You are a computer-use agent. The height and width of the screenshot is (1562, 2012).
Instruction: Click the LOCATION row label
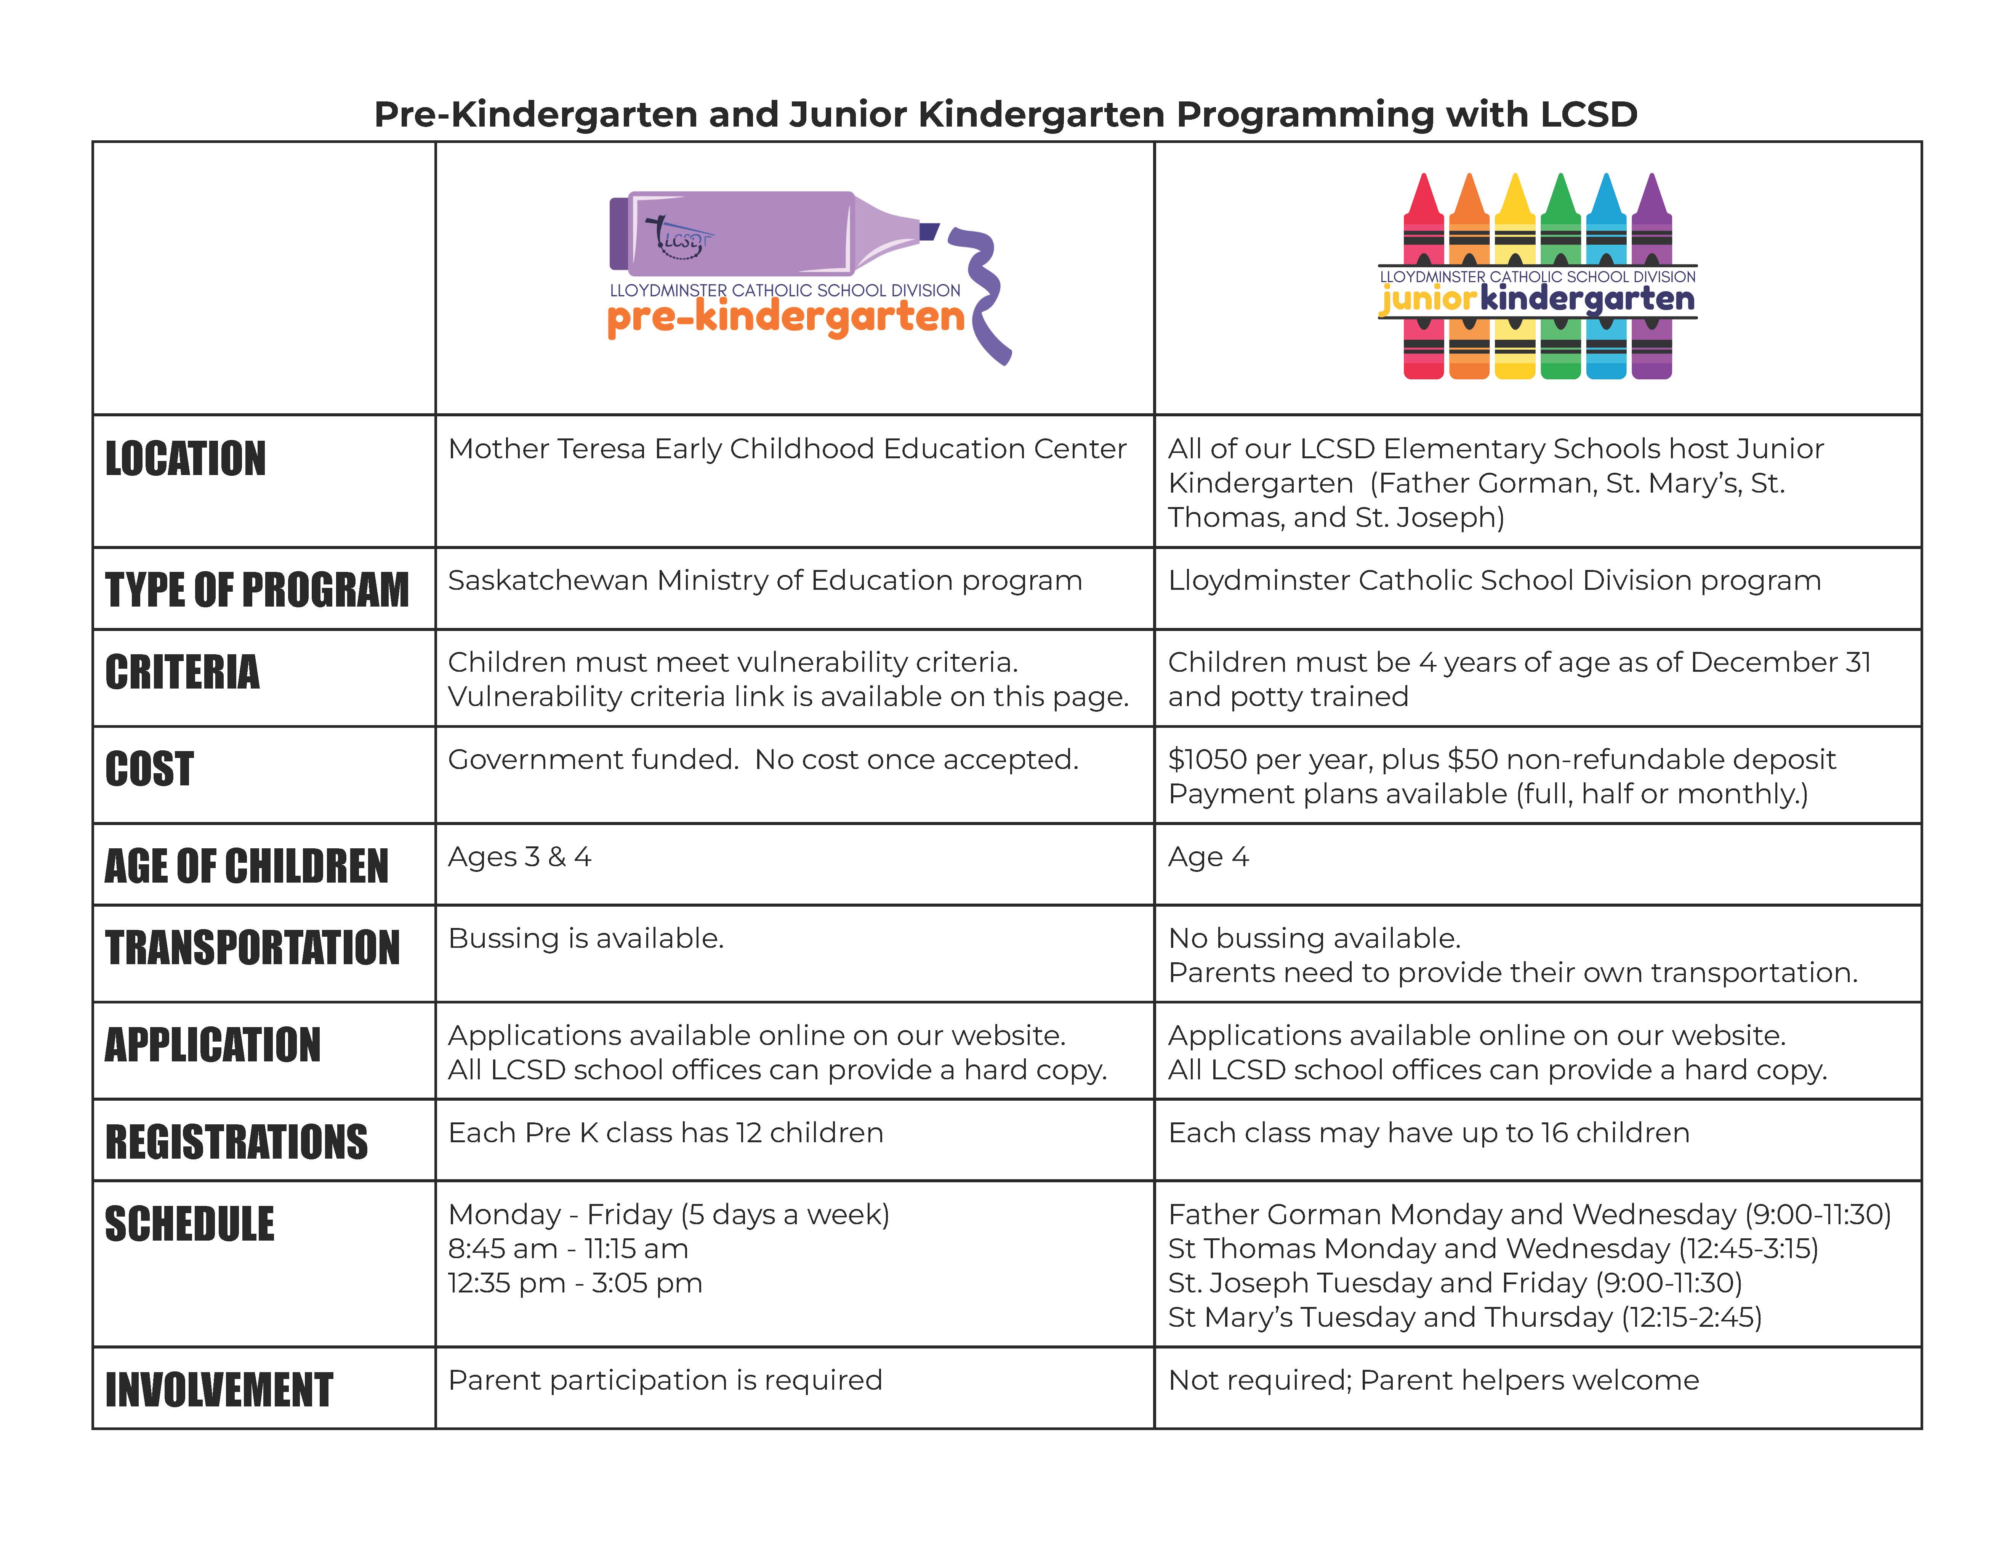185,459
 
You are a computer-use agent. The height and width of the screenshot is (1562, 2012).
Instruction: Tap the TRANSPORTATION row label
252,948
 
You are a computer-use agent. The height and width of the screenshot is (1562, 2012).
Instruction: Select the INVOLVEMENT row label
218,1390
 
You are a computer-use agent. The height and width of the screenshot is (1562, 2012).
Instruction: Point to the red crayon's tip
1423,184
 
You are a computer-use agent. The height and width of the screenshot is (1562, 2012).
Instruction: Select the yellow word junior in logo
1428,299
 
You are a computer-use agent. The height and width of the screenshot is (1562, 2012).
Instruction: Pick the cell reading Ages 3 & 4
520,857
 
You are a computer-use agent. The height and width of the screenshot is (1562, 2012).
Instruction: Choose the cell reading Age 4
1208,857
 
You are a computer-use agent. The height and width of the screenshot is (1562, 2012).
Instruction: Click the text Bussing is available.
586,938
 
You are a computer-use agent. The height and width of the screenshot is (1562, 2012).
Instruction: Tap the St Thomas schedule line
1492,1249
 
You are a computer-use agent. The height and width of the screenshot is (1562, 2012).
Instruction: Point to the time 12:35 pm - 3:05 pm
575,1283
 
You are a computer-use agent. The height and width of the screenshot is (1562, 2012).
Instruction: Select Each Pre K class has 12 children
665,1133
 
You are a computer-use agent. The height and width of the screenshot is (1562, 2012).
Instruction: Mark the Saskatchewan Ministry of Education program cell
765,581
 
